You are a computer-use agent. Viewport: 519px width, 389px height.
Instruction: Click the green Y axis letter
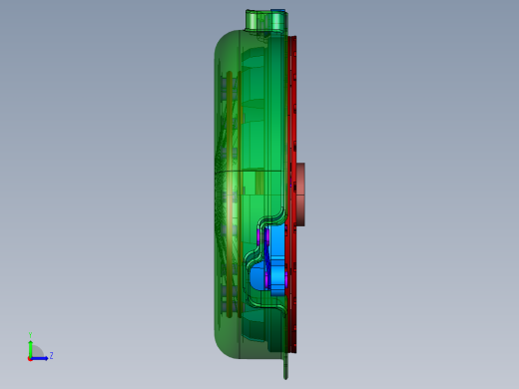point(31,335)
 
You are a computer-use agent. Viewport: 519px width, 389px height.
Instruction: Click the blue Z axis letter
point(51,355)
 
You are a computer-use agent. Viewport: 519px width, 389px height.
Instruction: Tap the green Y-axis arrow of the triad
point(31,346)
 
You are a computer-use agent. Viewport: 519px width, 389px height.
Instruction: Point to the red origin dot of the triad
point(30,357)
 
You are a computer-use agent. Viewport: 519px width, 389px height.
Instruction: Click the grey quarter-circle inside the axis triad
point(34,353)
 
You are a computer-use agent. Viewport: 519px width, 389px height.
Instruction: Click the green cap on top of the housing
point(261,22)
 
